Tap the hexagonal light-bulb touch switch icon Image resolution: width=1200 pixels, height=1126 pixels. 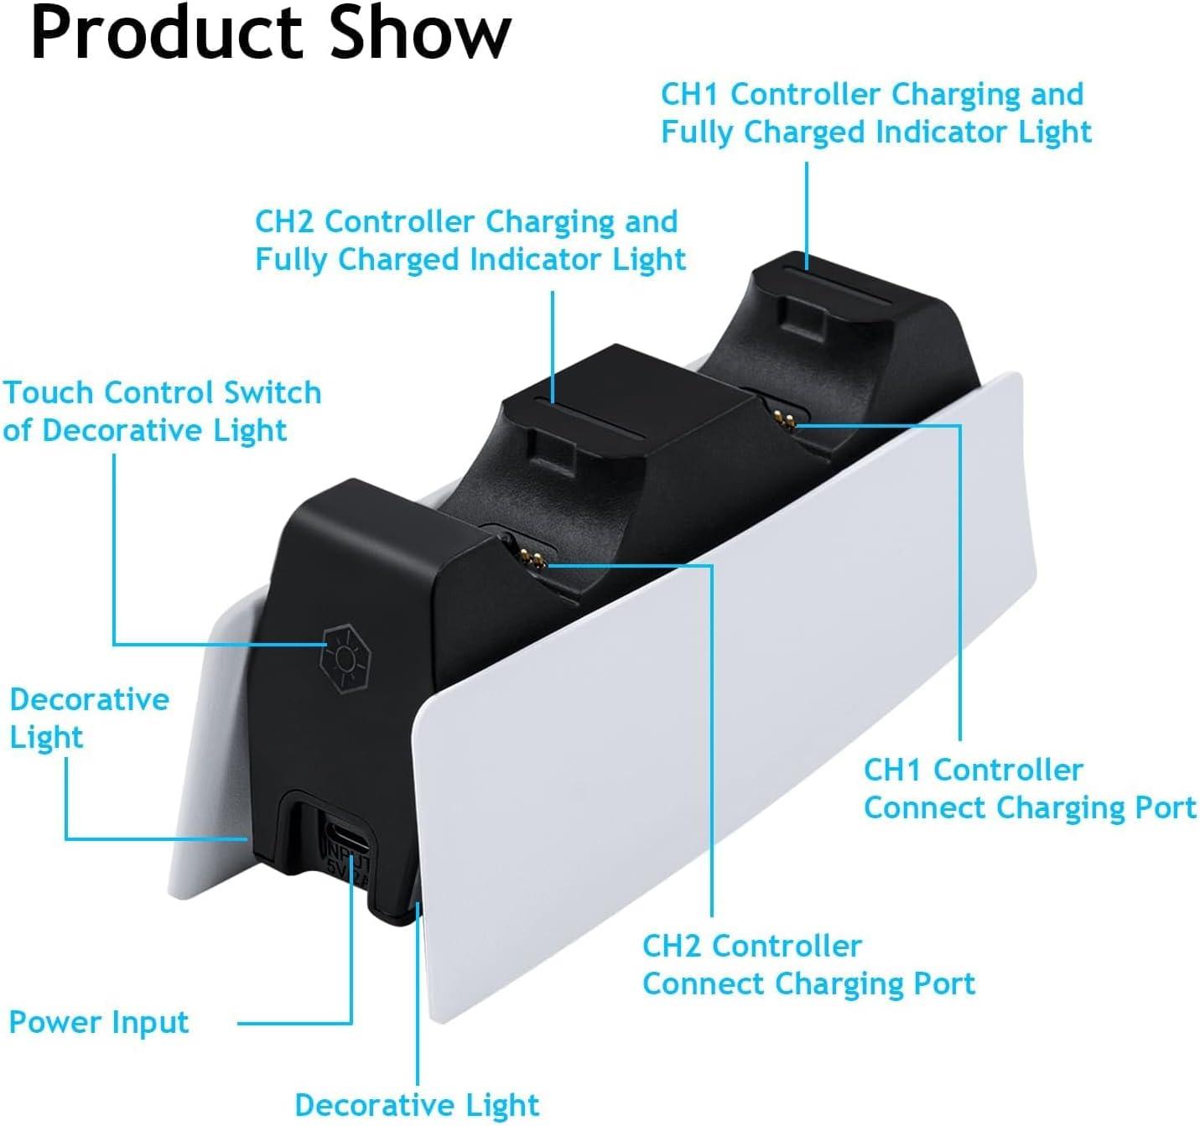pos(345,658)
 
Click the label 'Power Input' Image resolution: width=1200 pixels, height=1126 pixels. pos(99,1023)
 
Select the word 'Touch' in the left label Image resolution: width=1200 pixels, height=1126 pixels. pos(48,392)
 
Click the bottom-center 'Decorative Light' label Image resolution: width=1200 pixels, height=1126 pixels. pos(417,1105)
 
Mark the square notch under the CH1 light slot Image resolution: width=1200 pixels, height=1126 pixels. pos(803,314)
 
